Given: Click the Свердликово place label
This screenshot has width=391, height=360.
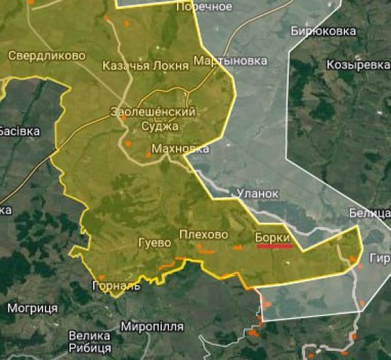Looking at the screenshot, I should pos(47,55).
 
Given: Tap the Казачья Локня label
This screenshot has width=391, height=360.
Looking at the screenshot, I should pos(146,66).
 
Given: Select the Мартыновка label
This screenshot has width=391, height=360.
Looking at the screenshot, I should pos(230,61).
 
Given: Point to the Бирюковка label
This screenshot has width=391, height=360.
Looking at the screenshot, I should pos(323,31).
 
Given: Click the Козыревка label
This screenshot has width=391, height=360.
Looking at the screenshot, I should pos(358,65).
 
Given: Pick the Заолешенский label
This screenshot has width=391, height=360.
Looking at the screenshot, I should pos(154,112).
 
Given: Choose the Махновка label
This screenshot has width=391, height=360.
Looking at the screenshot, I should pos(181,149).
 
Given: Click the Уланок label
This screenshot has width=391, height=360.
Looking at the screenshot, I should pos(258,193).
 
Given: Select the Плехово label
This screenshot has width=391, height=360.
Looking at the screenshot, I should pos(204,234).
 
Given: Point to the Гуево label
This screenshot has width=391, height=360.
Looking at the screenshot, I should pos(154,243).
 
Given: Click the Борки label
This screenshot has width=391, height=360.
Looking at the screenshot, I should pos(272,236).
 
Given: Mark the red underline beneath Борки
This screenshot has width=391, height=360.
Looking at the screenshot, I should pos(274,246).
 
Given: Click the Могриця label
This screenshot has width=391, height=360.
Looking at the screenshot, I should pos(32,308).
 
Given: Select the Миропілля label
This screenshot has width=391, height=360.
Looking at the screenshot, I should pos(153,327).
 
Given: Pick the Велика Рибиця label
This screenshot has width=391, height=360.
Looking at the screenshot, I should pos(90,342).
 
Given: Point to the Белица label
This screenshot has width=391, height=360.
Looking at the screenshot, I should pos(370,213).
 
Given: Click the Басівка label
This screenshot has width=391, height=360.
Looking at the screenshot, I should pos(18,131).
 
